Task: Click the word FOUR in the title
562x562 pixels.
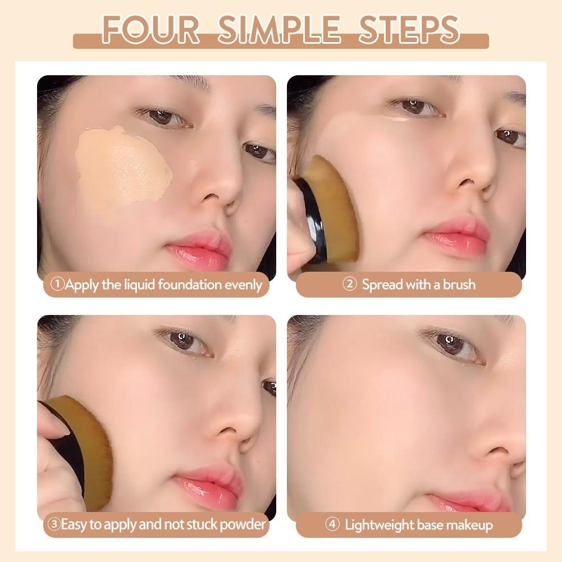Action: tap(150, 30)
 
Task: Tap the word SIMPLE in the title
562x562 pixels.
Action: tap(279, 30)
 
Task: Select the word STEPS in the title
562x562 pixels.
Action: tap(409, 30)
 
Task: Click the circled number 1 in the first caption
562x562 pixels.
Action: tap(57, 284)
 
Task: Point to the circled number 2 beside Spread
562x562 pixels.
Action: tap(349, 284)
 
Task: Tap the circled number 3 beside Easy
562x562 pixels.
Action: tap(54, 524)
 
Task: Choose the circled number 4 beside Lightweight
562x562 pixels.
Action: tap(332, 524)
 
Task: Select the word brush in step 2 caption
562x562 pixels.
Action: tap(459, 285)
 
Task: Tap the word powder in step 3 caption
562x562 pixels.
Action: tap(243, 525)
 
